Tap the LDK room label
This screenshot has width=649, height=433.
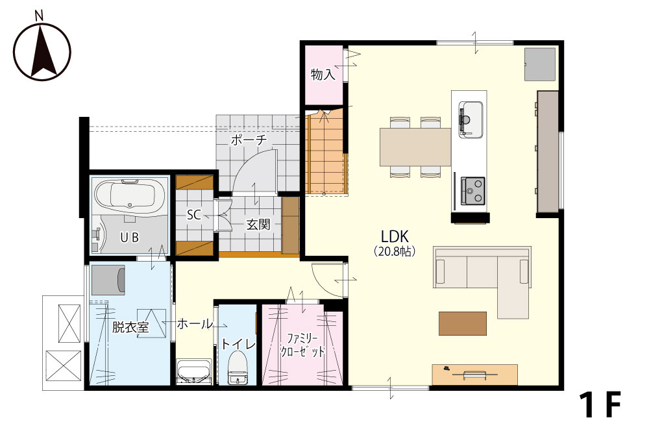pos(395,237)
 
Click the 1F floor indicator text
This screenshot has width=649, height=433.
pos(600,405)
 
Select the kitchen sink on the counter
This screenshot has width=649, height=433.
pos(471,120)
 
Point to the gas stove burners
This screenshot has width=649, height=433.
pos(472,191)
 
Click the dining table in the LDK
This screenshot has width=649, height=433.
pos(415,147)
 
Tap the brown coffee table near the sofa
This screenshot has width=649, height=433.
pos(463,323)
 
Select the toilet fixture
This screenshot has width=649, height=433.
pos(238,367)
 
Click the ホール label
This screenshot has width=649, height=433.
pos(195,324)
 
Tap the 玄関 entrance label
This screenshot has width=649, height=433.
pos(258,225)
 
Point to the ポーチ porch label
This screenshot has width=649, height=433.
pos(249,140)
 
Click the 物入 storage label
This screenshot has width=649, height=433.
pos(323,75)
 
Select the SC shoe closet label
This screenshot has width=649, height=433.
pos(193,215)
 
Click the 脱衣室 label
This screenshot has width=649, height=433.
pos(131,327)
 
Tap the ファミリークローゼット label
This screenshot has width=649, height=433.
pos(302,345)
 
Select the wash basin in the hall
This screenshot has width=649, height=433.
pos(193,371)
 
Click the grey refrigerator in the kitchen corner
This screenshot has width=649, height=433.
pos(540,64)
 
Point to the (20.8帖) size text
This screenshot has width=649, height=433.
pos(395,251)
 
